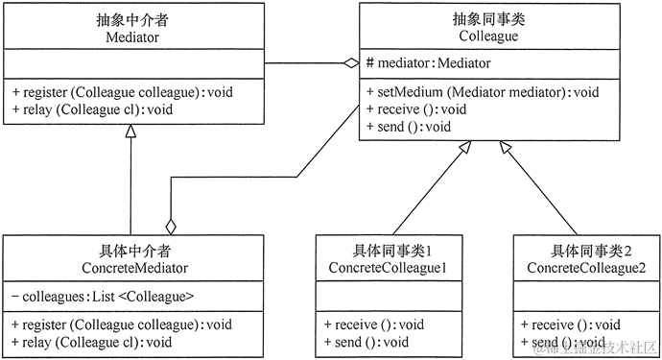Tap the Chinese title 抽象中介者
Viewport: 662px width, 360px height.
point(132,18)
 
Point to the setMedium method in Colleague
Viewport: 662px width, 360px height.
point(483,92)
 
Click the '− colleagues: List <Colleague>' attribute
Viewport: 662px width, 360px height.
point(105,297)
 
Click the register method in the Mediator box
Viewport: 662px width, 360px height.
point(123,92)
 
